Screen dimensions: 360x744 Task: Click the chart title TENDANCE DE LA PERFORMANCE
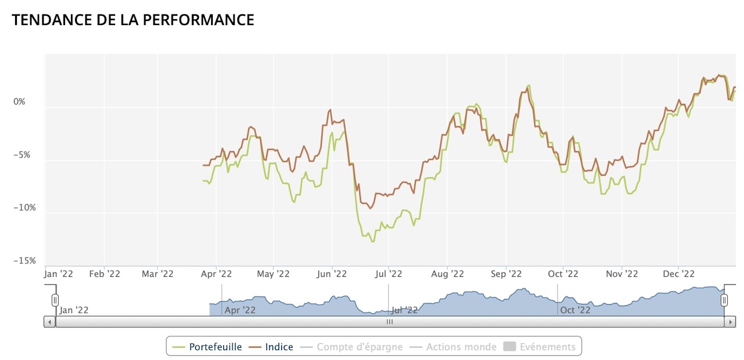133,20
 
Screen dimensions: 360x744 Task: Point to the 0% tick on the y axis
20,102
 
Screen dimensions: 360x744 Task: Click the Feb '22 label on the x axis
105,274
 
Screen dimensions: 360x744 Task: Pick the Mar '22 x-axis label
158,274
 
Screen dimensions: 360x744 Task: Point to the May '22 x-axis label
273,274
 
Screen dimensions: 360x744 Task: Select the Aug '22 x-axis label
448,274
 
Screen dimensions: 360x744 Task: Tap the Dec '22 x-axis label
679,274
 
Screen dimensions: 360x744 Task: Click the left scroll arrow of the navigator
49,322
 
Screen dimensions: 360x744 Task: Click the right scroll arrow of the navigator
731,322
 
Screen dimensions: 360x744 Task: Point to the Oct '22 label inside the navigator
575,310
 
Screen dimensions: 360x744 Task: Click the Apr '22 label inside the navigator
240,310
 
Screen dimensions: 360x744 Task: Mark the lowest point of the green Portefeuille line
372,241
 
